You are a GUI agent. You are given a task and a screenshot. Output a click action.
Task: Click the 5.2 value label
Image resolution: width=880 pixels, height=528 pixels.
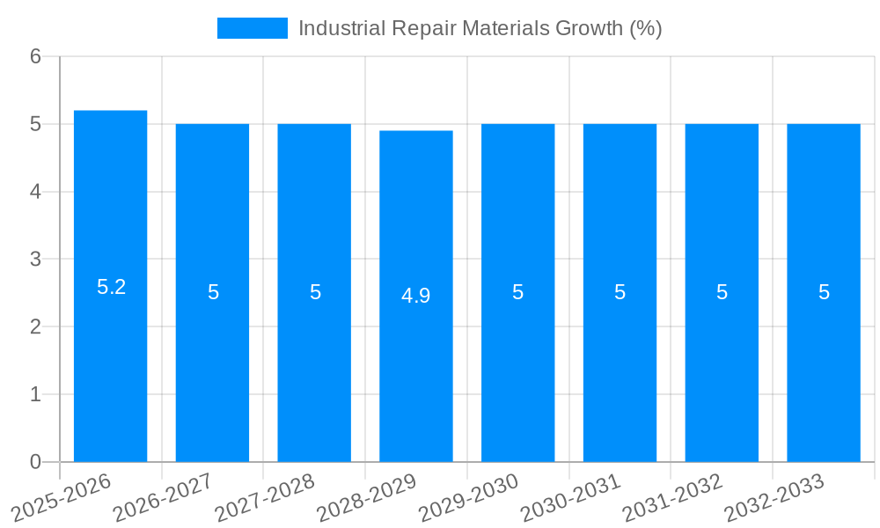(111, 287)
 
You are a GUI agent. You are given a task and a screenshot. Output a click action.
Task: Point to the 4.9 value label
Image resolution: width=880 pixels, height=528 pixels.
(416, 296)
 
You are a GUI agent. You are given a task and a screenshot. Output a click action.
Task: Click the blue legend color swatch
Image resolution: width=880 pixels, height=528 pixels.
(252, 28)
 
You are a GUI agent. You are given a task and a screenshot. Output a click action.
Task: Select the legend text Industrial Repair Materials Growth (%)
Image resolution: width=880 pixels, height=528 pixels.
(480, 28)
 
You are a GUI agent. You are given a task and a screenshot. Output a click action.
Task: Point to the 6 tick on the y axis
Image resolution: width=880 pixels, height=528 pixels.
(35, 56)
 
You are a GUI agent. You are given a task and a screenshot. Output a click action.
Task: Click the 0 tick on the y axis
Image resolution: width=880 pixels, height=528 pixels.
(35, 462)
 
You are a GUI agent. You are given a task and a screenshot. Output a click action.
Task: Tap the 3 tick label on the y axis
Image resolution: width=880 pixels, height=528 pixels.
(35, 260)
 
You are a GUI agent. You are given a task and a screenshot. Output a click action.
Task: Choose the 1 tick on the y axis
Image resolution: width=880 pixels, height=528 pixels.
(35, 394)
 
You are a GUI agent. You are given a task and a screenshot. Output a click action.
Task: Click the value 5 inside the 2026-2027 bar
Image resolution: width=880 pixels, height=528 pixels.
(213, 292)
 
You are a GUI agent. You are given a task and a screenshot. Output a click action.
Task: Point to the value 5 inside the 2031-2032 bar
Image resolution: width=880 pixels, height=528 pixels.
(722, 292)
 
